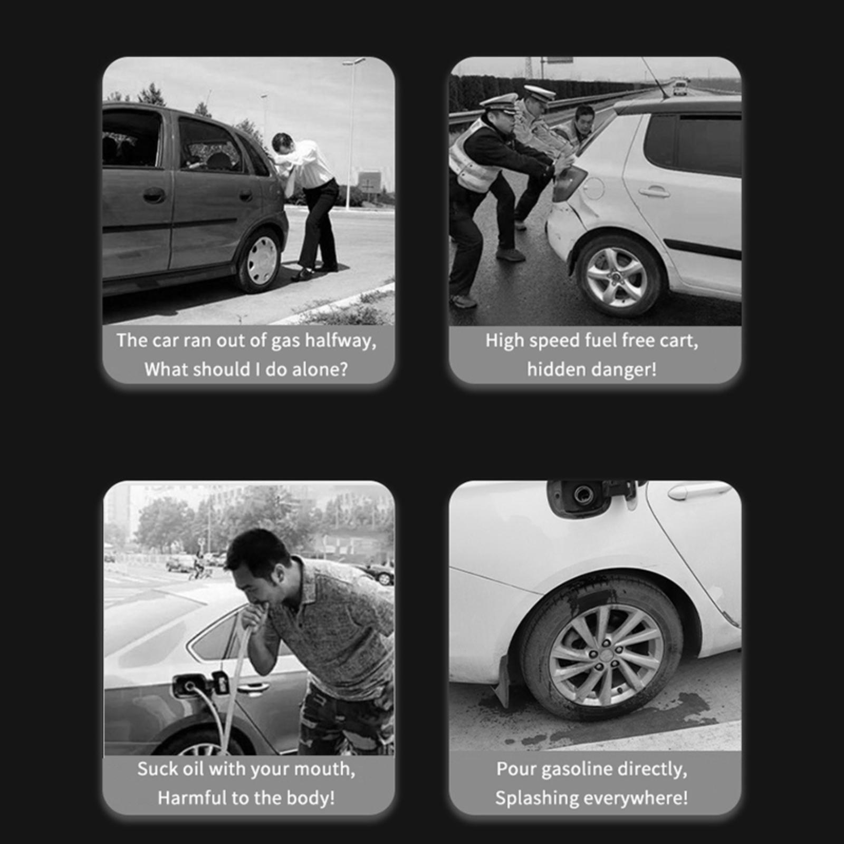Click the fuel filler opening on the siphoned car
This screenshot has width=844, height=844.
pos(188,685)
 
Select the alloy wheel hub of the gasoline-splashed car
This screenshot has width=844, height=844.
pos(607,655)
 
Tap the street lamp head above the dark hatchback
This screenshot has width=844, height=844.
pos(353,62)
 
